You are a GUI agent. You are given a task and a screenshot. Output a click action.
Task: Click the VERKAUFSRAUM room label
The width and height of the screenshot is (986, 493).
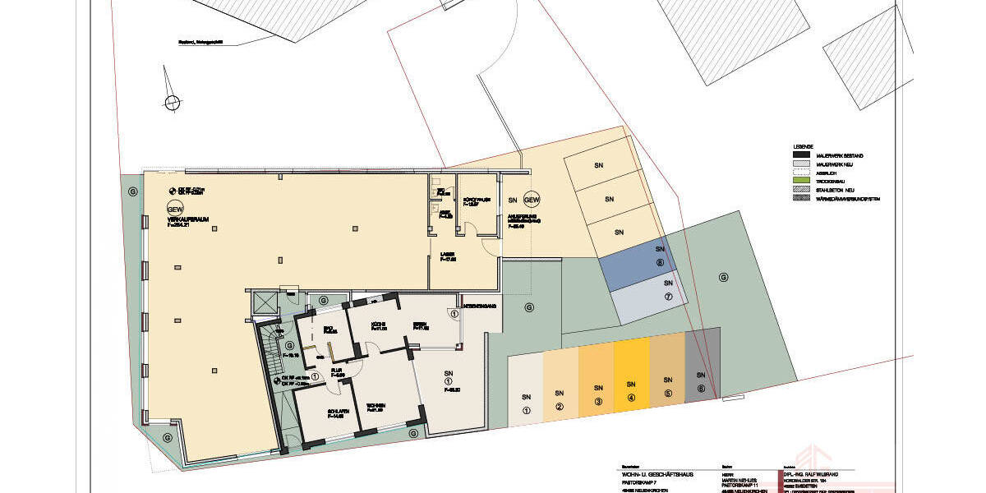pos(181,221)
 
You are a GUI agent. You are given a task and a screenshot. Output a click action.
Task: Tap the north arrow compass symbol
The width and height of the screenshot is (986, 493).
pos(172,102)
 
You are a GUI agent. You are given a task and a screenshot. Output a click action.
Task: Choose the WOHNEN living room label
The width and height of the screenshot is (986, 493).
pos(376,406)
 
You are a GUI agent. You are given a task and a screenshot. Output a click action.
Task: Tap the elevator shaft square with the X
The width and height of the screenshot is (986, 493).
pos(268,303)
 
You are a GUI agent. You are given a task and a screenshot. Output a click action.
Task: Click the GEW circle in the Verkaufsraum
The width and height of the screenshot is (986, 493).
pos(174,209)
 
